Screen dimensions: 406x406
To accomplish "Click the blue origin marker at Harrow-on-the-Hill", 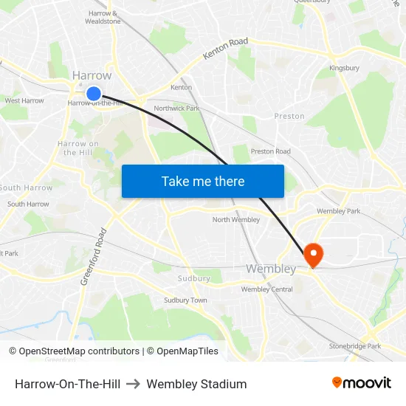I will pos(94,94).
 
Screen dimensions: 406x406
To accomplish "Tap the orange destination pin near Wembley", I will pos(314,255).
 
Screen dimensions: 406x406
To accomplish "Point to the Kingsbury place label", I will pos(344,69).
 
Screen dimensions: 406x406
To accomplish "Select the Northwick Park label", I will pos(176,109).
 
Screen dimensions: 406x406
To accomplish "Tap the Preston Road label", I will pos(270,151).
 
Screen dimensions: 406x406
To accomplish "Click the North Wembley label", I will pos(236,220).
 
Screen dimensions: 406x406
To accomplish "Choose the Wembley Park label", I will pos(338,211).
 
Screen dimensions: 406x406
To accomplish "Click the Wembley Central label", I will pos(266,289).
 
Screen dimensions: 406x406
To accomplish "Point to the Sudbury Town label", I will pos(185,300).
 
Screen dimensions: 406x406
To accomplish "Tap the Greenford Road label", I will pos(94,256).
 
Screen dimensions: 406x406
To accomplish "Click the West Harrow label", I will pos(24,101).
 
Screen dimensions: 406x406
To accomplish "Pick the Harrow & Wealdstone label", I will pos(104,17).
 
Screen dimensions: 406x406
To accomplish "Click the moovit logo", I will pos(361,383).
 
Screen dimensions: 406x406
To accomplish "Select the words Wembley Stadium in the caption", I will pos(196,384).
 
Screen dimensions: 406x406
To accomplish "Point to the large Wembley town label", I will pos(271,269).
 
